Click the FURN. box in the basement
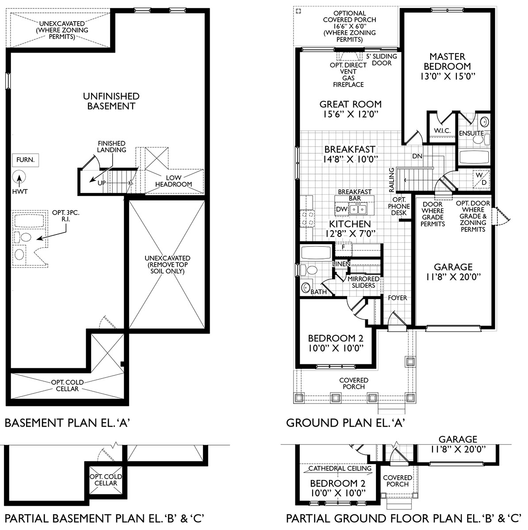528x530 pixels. tap(26, 160)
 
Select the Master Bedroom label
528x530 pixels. tap(447, 61)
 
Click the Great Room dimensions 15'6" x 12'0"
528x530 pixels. tap(350, 114)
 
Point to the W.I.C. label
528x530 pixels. tap(442, 131)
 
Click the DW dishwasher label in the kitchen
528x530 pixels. tap(341, 209)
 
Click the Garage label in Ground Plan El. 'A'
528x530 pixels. tap(453, 267)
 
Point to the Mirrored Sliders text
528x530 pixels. tap(363, 282)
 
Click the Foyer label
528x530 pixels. tap(397, 298)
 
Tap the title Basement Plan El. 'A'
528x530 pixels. tap(67, 423)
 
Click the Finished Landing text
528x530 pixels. tap(111, 147)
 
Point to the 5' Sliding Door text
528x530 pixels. tap(381, 60)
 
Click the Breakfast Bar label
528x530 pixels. tap(355, 195)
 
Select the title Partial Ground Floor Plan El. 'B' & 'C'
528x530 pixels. tap(402, 518)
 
